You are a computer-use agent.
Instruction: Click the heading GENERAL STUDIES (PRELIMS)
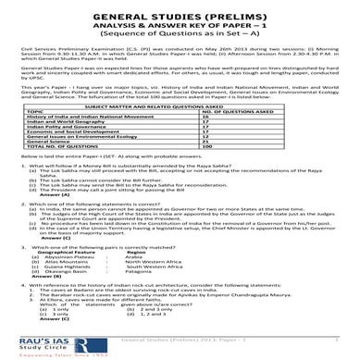pyautogui.click(x=180, y=16)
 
